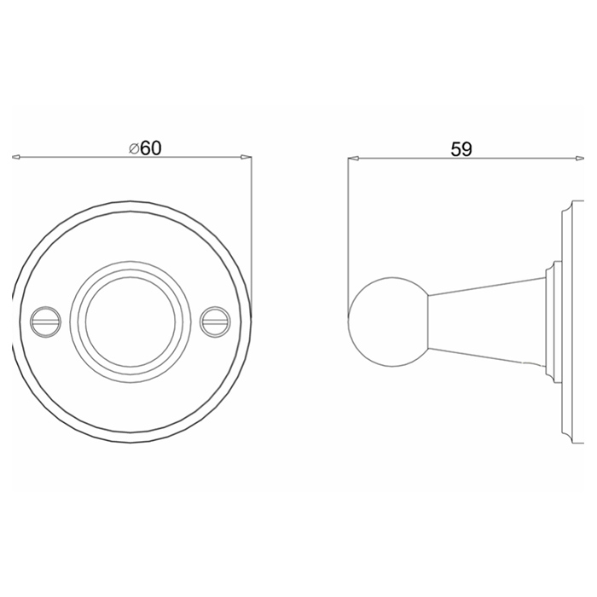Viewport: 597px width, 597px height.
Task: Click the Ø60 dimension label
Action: pos(145,148)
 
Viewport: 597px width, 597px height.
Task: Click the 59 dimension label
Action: pos(461,149)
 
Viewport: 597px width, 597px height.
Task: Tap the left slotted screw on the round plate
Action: pos(46,322)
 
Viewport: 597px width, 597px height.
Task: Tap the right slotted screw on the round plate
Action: pos(216,322)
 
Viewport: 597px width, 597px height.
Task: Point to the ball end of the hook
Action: pos(388,322)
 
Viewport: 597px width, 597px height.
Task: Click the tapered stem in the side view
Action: pos(487,322)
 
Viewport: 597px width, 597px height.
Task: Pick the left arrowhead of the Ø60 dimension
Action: pos(16,157)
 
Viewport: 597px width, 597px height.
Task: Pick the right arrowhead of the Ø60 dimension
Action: pos(246,157)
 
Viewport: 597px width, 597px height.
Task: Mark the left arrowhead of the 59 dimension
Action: pos(352,158)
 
